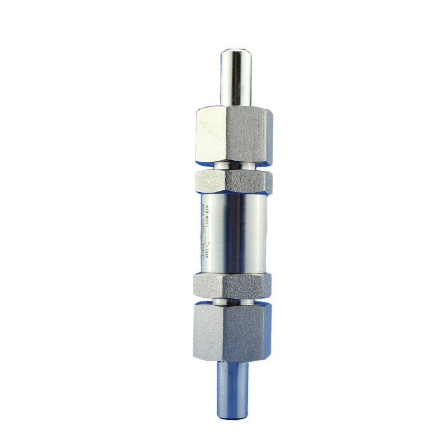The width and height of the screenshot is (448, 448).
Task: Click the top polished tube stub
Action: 235,78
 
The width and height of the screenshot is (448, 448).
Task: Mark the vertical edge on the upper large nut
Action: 225,134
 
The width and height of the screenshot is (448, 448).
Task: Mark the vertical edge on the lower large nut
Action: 225,330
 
